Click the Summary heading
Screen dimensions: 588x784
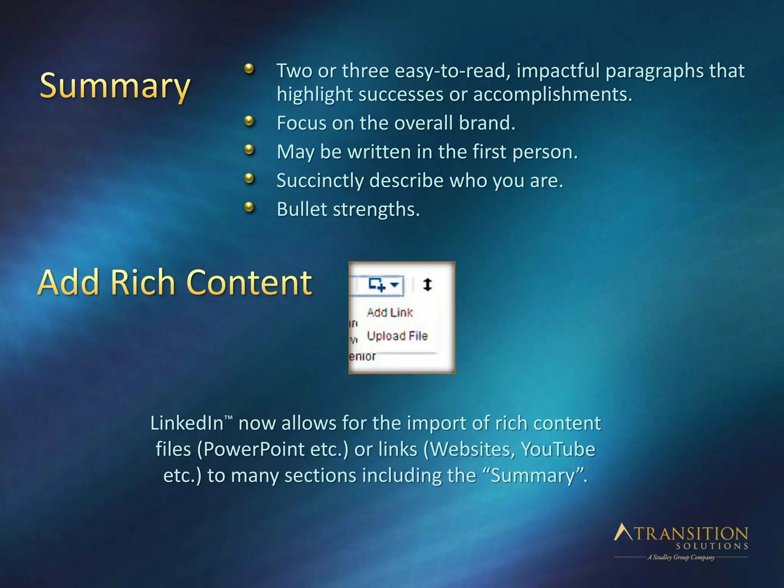[115, 87]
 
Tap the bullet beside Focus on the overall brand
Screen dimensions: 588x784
[249, 121]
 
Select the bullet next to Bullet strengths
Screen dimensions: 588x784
[249, 207]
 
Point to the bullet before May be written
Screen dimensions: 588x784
[249, 150]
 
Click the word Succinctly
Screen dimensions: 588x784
[320, 181]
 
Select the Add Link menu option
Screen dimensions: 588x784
[390, 313]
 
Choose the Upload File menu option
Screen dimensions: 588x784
[397, 336]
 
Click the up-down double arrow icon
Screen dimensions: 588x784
[428, 285]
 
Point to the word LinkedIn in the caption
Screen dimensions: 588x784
[187, 423]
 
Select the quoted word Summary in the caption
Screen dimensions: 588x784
[533, 476]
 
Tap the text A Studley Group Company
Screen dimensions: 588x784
[681, 557]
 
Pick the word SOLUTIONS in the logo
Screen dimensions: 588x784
[712, 546]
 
